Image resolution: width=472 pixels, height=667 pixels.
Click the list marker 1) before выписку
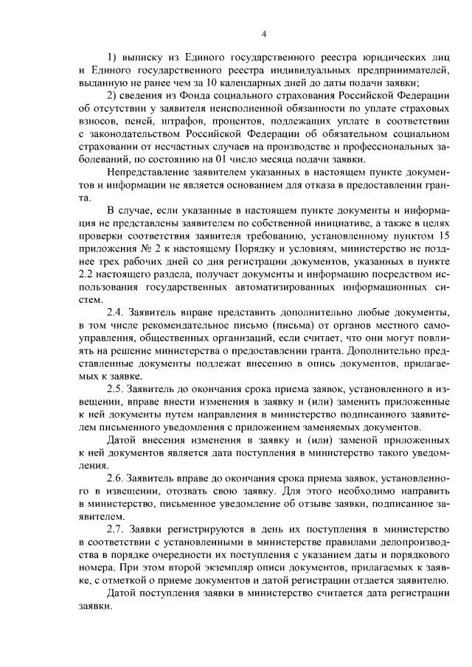tap(113, 57)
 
